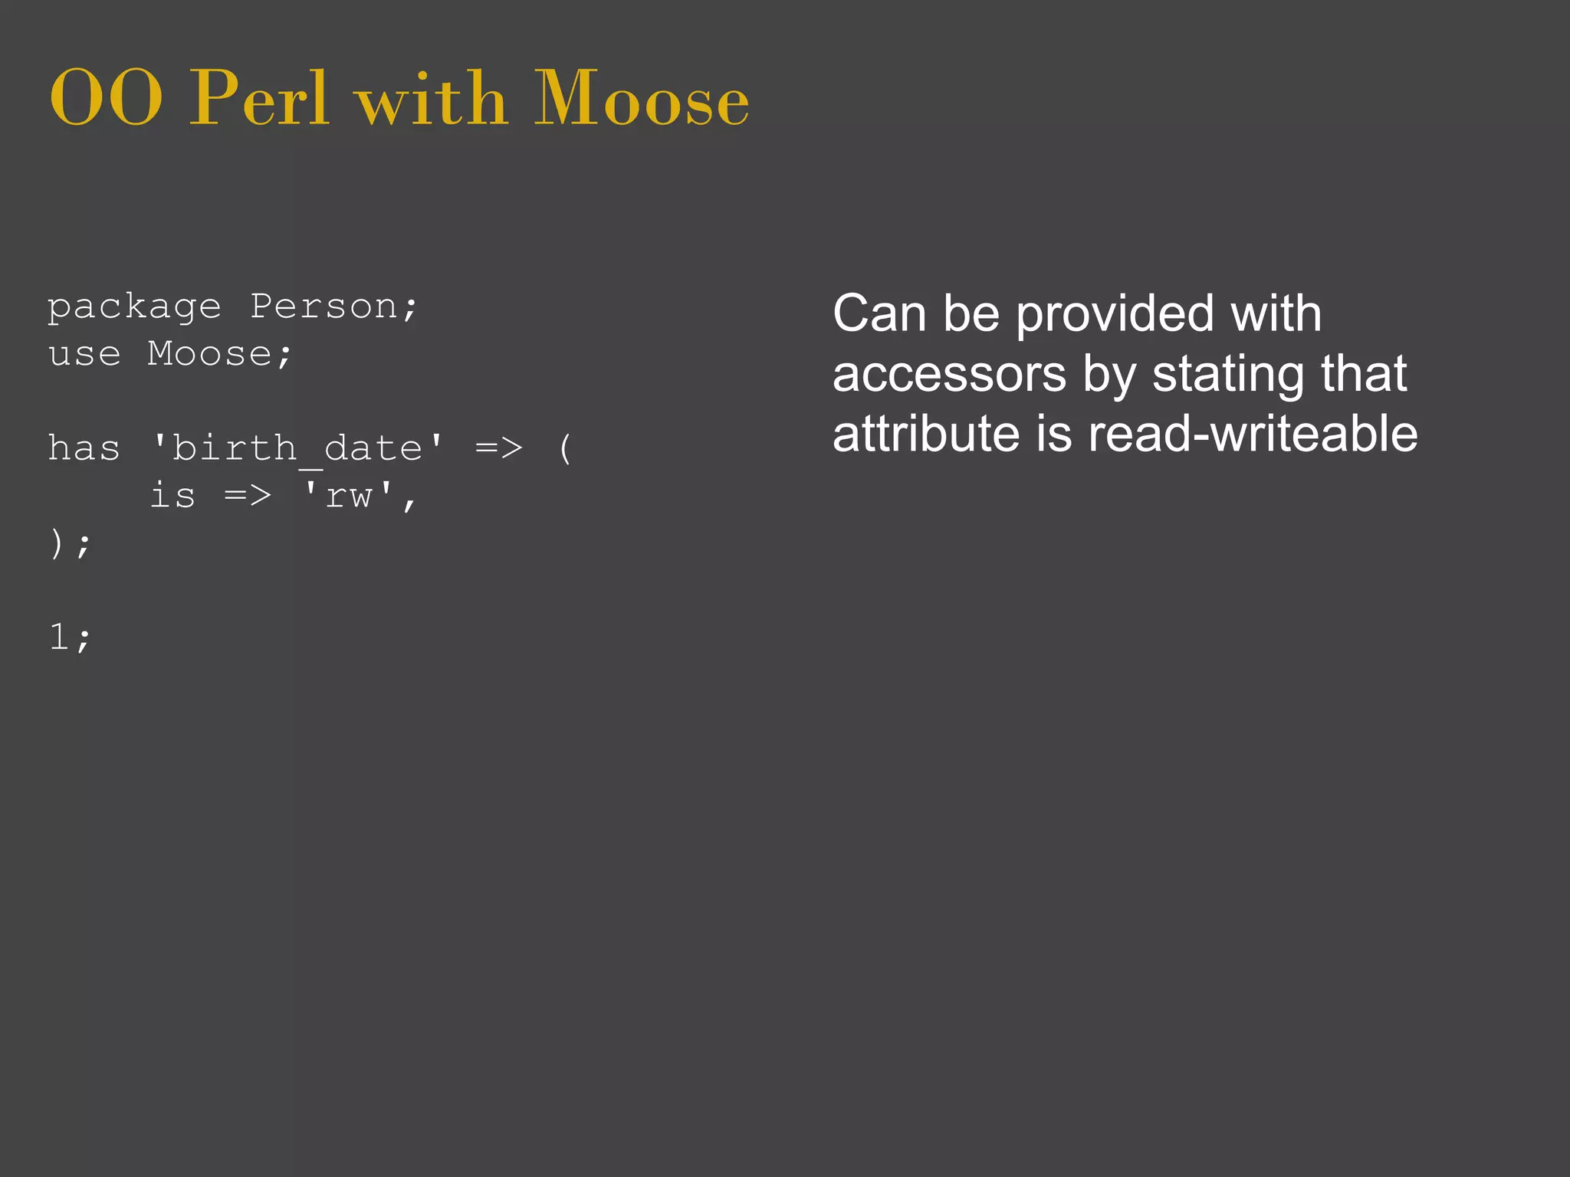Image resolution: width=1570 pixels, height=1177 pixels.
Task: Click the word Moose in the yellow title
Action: (641, 98)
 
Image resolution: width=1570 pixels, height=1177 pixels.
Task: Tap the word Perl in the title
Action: (259, 98)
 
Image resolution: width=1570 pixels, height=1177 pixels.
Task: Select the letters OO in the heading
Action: (106, 100)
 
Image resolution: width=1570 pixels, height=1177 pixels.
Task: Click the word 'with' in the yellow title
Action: (432, 100)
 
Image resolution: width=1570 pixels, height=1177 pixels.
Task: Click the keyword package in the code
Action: (134, 308)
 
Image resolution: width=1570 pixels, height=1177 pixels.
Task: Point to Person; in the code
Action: (334, 308)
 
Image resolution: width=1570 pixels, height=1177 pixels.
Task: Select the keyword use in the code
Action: (84, 355)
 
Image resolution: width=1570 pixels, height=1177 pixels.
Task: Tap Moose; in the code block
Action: (220, 355)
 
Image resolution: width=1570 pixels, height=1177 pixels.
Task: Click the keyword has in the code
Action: (84, 448)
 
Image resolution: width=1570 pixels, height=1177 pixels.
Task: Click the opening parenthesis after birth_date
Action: (565, 449)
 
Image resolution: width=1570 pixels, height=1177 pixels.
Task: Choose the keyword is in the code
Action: (172, 496)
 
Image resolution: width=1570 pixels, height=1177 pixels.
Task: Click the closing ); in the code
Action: (70, 544)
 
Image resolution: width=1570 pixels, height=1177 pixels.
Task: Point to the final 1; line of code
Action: (70, 638)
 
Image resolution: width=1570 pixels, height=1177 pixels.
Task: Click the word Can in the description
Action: (879, 313)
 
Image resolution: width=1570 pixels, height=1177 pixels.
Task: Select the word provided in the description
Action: (1115, 315)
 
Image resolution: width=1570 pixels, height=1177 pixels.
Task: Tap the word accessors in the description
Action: (949, 375)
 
